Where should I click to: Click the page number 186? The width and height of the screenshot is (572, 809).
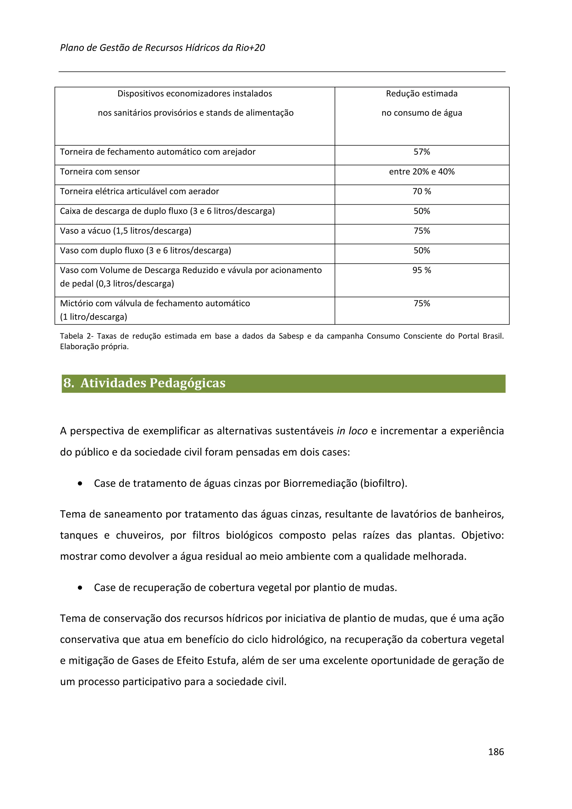(x=495, y=751)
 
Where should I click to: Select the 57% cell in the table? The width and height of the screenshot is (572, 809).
(x=421, y=152)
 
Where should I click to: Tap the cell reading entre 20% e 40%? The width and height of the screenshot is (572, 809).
(x=421, y=172)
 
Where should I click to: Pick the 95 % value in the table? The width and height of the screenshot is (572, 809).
(x=421, y=270)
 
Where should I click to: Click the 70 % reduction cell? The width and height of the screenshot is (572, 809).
(x=421, y=191)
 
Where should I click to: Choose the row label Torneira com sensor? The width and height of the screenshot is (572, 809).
(x=100, y=172)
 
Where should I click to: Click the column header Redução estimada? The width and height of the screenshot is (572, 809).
(x=421, y=94)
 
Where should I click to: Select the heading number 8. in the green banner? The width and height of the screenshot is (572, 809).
(x=69, y=383)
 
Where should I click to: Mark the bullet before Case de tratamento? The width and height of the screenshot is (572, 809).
(x=80, y=484)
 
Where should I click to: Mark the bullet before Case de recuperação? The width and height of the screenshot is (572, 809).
(x=80, y=588)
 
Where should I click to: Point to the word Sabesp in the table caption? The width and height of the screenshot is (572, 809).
(x=291, y=336)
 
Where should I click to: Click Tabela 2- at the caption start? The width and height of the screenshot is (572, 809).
(x=76, y=336)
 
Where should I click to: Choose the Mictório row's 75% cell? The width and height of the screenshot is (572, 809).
(x=421, y=303)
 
